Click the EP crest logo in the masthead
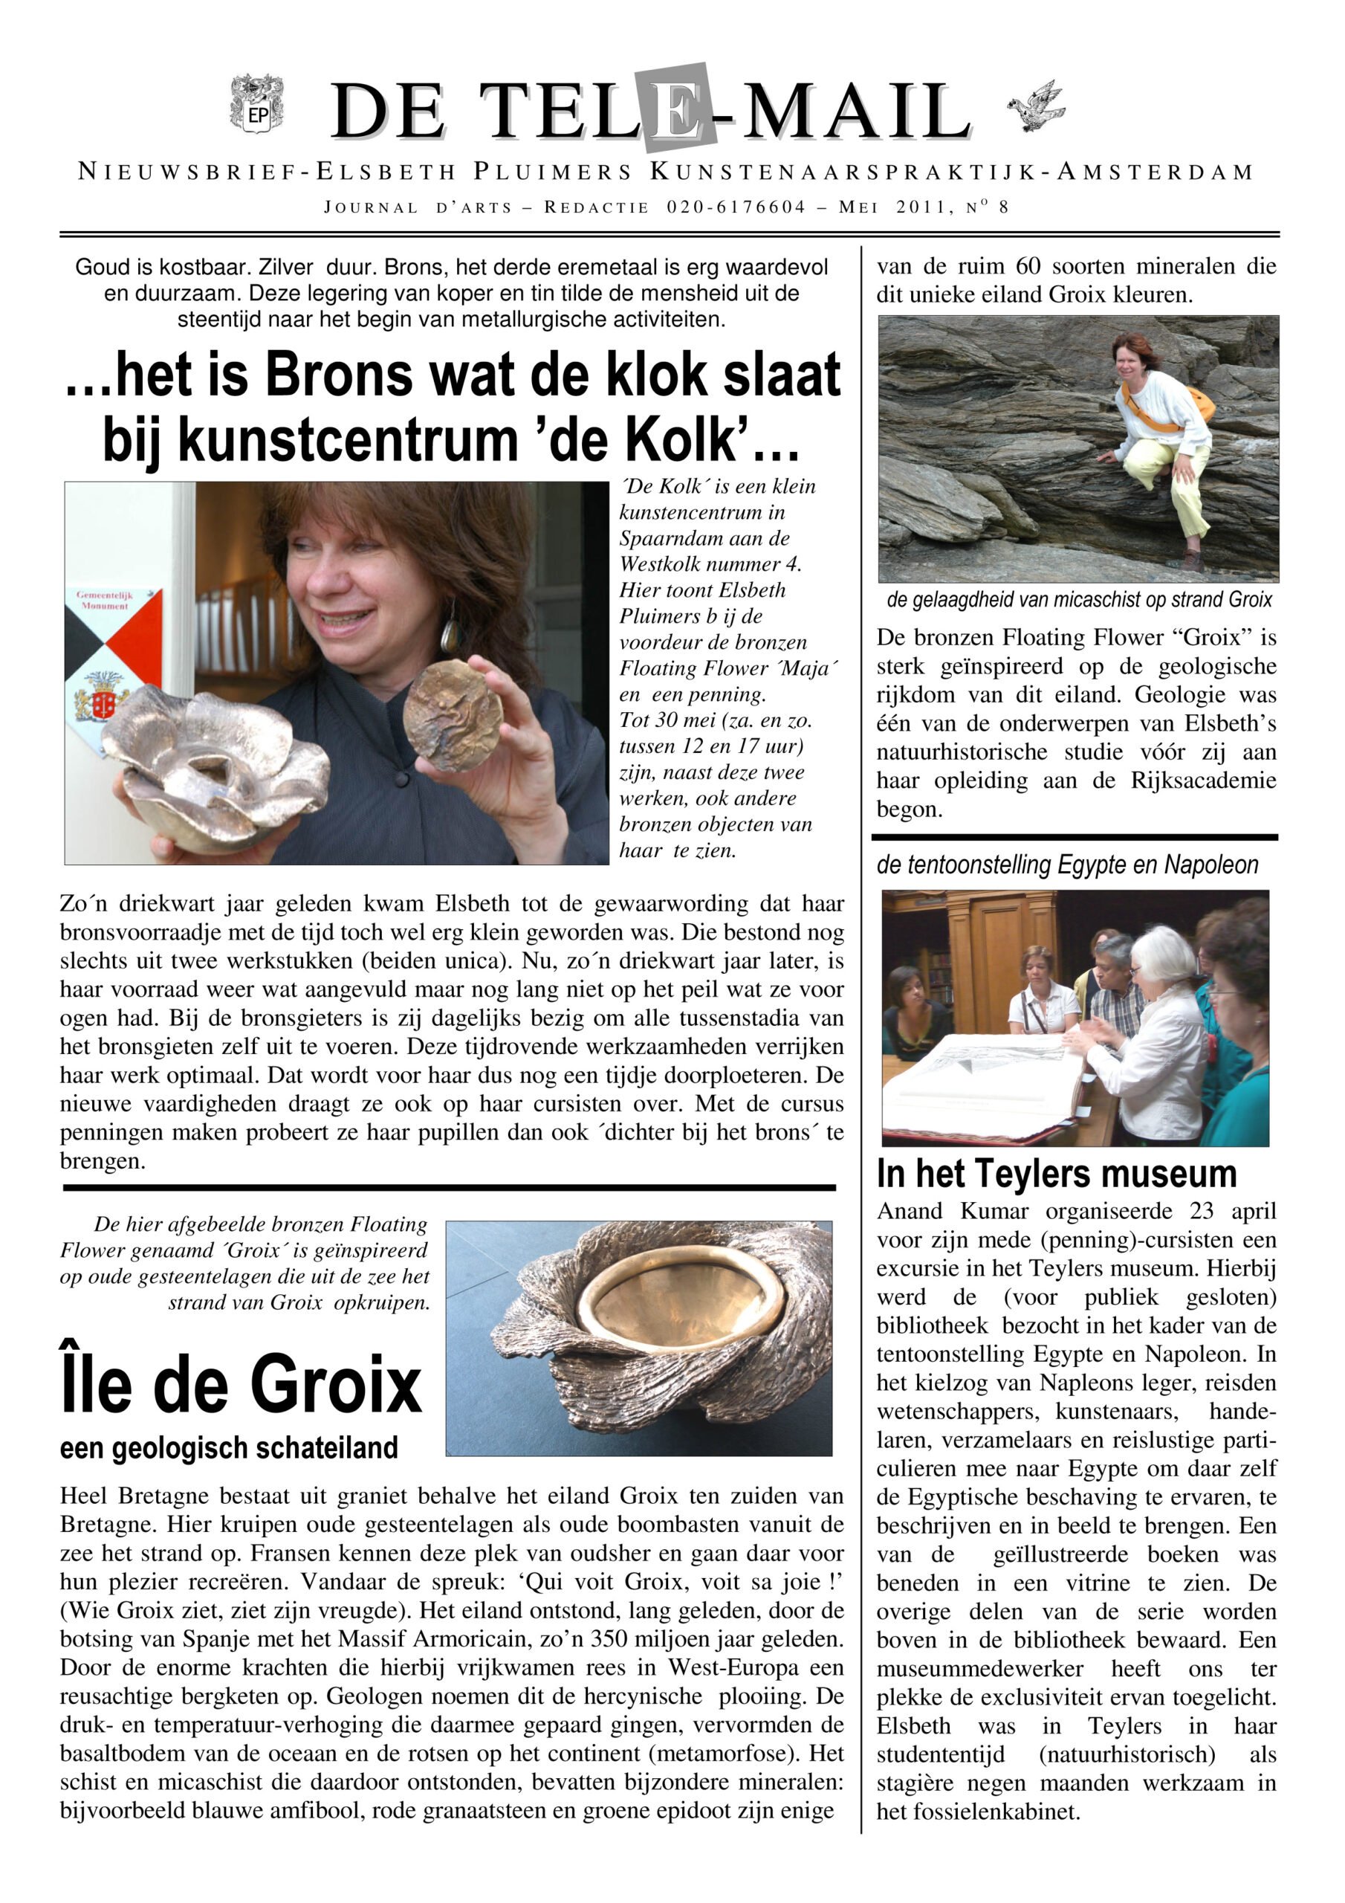[x=257, y=103]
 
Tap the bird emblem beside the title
[x=1037, y=106]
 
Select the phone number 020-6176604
[x=736, y=207]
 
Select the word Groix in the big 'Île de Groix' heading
[x=337, y=1386]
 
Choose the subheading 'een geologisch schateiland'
[x=229, y=1447]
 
